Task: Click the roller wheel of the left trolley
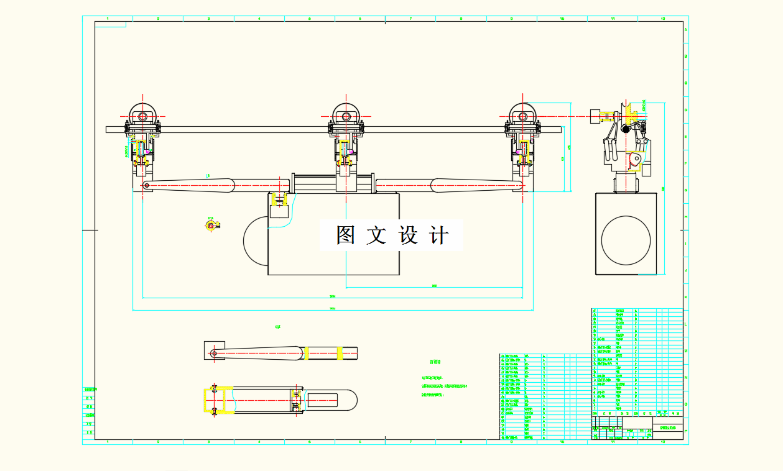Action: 143,116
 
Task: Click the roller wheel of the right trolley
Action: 523,116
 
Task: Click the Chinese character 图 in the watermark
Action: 346,236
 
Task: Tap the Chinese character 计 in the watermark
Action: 439,236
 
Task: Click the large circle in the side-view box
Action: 626,240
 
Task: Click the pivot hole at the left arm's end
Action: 147,185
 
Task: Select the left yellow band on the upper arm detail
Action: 306,354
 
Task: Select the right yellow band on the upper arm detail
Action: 339,354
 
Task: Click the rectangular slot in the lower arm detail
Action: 322,401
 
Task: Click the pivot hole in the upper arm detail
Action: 214,354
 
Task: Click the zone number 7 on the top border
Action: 410,19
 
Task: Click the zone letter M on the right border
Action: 686,351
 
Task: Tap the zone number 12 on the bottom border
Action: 663,442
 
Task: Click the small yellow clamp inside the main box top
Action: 277,199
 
